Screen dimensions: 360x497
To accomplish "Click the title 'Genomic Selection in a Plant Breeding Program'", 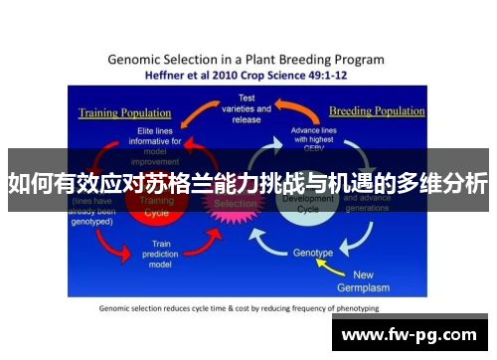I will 248,58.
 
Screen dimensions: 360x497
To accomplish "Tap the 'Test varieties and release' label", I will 246,109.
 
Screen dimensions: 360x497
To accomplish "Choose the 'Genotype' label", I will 313,253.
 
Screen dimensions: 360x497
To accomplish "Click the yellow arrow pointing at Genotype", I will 347,260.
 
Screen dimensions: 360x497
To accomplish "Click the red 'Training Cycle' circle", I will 162,207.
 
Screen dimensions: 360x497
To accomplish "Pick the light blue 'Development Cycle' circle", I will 298,204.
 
